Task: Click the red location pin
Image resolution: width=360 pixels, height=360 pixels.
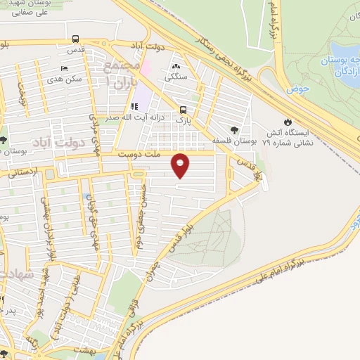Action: click(181, 165)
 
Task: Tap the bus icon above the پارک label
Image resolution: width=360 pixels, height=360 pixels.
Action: click(184, 110)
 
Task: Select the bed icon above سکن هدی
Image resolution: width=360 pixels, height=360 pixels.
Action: click(65, 69)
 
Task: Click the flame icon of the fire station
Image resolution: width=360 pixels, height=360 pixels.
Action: click(287, 121)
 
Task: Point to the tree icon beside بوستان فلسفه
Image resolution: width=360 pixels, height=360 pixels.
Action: click(234, 129)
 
